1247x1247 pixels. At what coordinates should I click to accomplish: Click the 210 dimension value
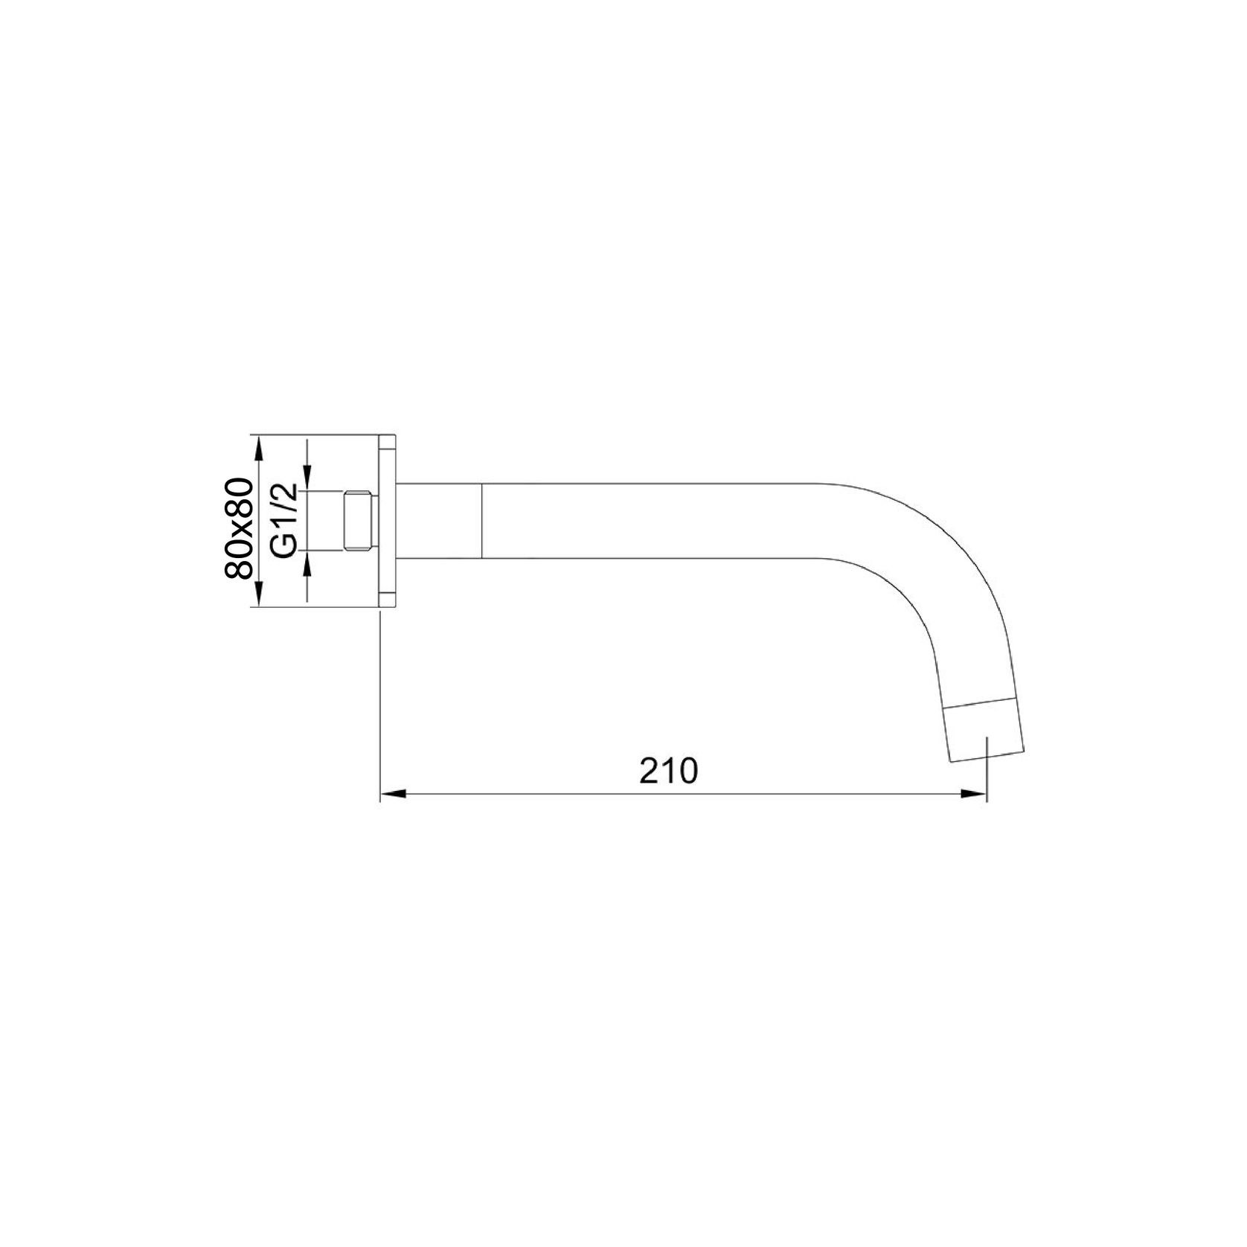[x=668, y=772]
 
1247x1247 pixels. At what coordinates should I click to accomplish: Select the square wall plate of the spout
[x=388, y=521]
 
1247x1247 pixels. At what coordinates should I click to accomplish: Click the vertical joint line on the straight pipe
[x=483, y=520]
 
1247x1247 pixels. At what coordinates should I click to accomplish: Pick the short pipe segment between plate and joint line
[x=440, y=520]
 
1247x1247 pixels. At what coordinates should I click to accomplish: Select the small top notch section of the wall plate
[x=388, y=443]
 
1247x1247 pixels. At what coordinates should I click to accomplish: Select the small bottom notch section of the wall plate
[x=388, y=600]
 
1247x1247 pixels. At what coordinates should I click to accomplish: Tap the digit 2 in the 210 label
[x=649, y=772]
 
